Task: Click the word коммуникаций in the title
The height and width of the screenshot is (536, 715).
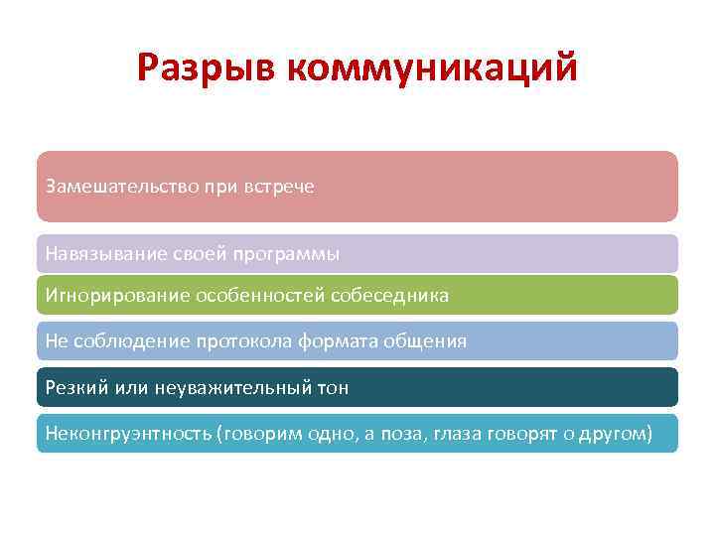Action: tap(431, 68)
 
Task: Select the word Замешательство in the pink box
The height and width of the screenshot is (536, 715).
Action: tap(111, 187)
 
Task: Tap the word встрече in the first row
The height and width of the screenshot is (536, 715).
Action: tap(280, 187)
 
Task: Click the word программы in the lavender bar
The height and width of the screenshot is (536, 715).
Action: tap(287, 254)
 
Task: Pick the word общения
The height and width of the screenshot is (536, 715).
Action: tap(425, 341)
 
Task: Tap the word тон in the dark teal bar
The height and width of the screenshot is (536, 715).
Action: tap(331, 387)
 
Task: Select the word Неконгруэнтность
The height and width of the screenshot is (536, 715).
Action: tap(126, 434)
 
